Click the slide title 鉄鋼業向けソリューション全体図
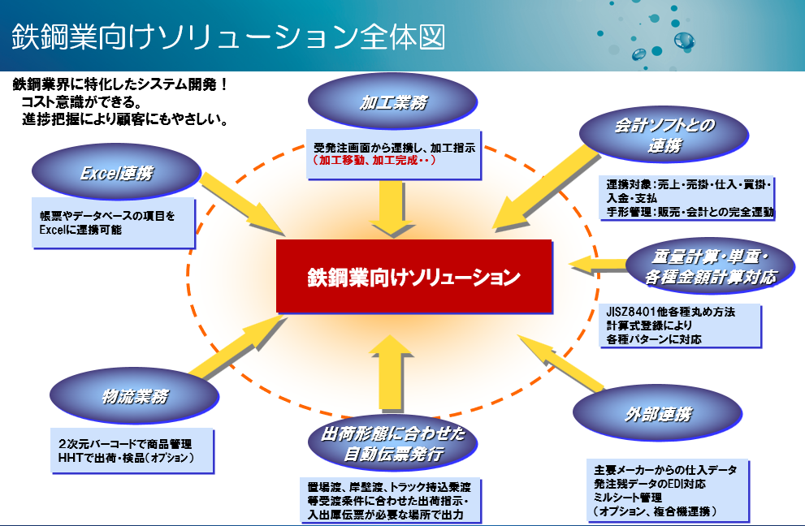pyautogui.click(x=227, y=37)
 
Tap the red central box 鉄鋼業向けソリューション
pyautogui.click(x=413, y=276)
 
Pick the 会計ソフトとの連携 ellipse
pyautogui.click(x=664, y=134)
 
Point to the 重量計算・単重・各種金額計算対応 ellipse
pyautogui.click(x=709, y=266)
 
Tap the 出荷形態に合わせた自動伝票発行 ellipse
pyautogui.click(x=393, y=443)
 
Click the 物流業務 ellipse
pyautogui.click(x=134, y=396)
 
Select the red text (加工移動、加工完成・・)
pyautogui.click(x=374, y=161)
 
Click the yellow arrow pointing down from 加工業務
pyautogui.click(x=391, y=207)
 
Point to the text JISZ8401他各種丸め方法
pyautogui.click(x=670, y=312)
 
